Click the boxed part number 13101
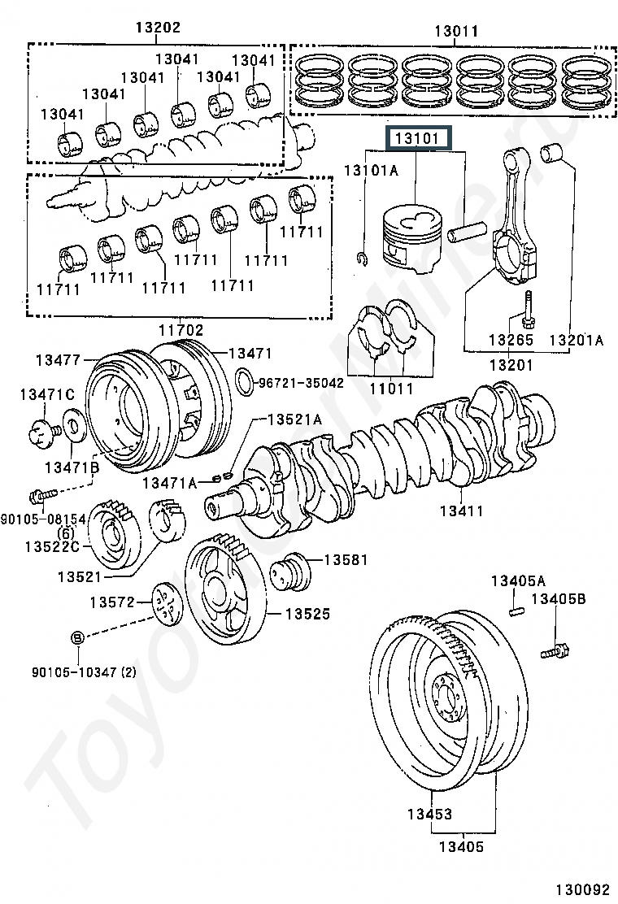(417, 138)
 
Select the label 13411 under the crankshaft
(461, 511)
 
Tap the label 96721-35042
(301, 383)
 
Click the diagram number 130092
(582, 889)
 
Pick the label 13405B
(558, 598)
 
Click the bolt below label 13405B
(556, 651)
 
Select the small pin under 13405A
(516, 610)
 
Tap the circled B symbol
(78, 637)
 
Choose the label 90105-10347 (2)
(85, 671)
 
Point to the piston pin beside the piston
(467, 234)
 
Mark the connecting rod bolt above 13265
(528, 309)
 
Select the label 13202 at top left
(158, 27)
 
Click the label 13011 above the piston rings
(456, 31)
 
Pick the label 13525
(308, 614)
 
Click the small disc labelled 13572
(167, 604)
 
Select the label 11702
(181, 330)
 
